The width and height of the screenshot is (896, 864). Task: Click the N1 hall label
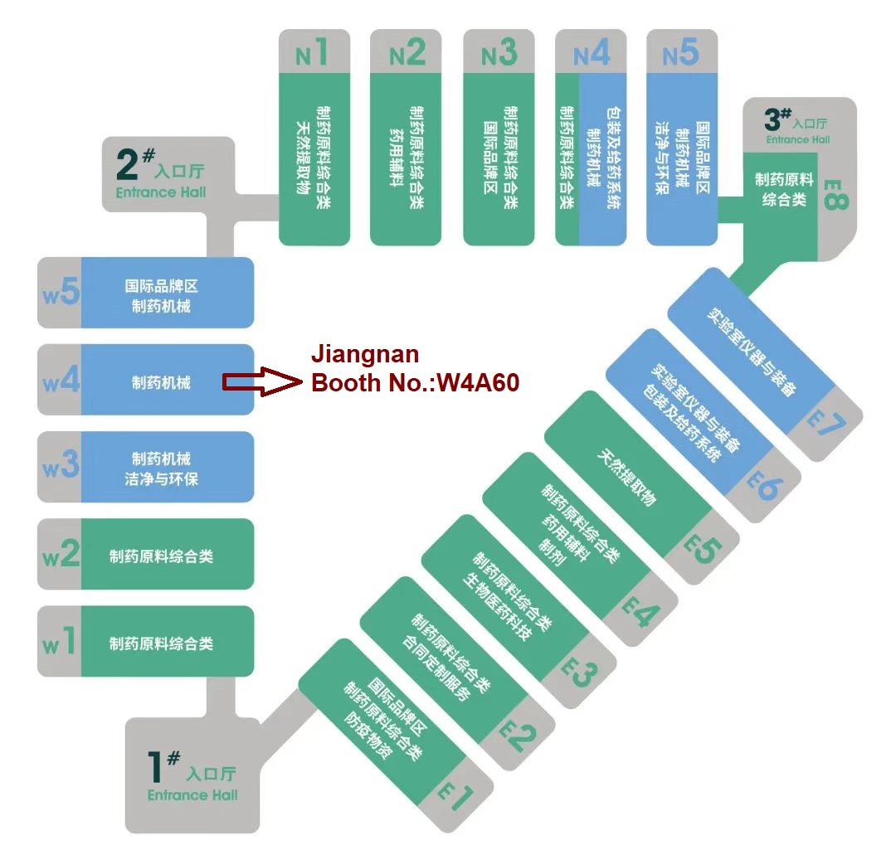pos(313,53)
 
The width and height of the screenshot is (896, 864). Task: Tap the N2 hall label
pos(407,53)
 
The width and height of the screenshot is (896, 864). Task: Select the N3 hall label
pos(499,53)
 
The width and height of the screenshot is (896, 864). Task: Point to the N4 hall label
pos(592,53)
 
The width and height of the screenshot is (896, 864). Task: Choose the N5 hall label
pos(681,53)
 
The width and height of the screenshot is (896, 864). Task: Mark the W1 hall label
pos(60,642)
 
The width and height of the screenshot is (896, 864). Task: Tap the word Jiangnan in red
pos(365,355)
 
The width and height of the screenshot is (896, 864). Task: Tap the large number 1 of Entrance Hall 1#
pos(157,769)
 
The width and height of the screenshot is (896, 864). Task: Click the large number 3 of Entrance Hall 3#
pos(772,119)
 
